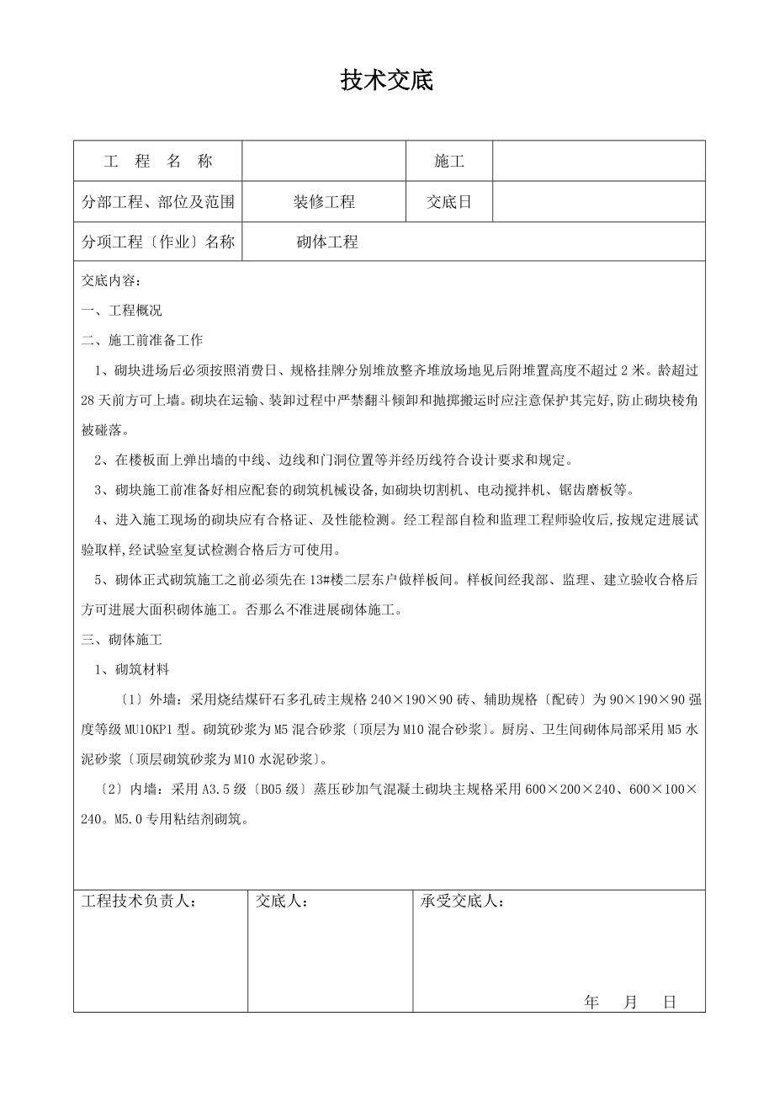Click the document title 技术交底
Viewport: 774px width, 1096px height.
click(386, 81)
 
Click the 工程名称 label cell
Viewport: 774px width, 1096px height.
click(157, 162)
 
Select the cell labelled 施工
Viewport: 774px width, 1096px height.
click(449, 162)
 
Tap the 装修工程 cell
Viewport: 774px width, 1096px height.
click(324, 202)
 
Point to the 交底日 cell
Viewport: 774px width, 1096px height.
click(449, 202)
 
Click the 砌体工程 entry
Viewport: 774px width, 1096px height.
click(327, 242)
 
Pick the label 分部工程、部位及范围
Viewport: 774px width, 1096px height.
click(157, 202)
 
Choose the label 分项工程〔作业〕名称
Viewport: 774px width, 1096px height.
click(157, 242)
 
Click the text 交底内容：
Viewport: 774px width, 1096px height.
click(112, 281)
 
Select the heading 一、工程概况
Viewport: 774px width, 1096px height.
click(122, 311)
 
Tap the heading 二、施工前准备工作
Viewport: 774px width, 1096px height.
click(142, 340)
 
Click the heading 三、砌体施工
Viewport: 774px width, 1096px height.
click(122, 639)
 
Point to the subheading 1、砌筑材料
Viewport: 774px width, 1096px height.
click(132, 669)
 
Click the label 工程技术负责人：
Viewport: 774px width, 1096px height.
click(139, 902)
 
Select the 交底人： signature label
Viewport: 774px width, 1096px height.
click(282, 902)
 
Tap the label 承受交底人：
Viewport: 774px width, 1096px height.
click(463, 902)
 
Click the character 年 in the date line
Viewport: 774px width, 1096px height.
click(591, 1002)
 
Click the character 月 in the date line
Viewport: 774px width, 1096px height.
click(631, 1002)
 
